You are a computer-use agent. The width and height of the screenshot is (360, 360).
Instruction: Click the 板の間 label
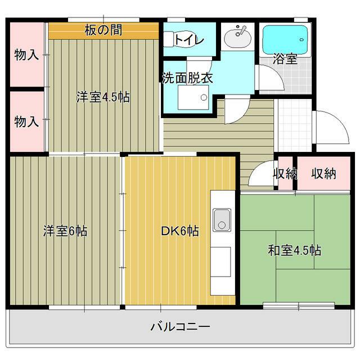click(103, 30)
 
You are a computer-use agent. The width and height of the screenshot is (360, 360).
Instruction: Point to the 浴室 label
click(285, 59)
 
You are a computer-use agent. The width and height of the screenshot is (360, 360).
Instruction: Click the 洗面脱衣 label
click(187, 78)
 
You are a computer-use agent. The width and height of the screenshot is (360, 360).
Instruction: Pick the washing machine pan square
click(193, 97)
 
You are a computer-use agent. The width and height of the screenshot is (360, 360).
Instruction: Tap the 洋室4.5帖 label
click(103, 97)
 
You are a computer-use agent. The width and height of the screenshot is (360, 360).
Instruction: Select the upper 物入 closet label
click(26, 55)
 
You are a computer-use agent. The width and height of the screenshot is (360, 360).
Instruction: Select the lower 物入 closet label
click(26, 121)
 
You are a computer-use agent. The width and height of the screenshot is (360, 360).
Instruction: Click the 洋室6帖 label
click(65, 231)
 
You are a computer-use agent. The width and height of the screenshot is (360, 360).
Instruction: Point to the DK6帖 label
click(180, 231)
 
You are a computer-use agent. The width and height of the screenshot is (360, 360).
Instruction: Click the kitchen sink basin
click(222, 220)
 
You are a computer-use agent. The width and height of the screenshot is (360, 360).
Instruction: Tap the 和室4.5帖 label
click(295, 250)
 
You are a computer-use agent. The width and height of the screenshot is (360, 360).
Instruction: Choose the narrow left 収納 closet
click(285, 173)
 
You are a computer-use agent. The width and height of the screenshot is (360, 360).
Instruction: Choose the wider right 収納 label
click(324, 173)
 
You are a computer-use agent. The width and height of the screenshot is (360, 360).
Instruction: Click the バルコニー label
click(180, 326)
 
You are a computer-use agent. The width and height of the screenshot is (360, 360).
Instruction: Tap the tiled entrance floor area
click(295, 125)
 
